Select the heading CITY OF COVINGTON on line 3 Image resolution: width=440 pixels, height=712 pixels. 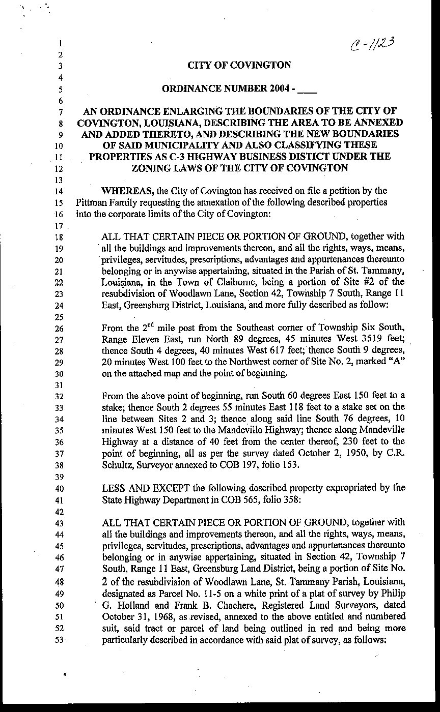239,65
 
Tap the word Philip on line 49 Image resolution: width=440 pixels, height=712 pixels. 393,594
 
